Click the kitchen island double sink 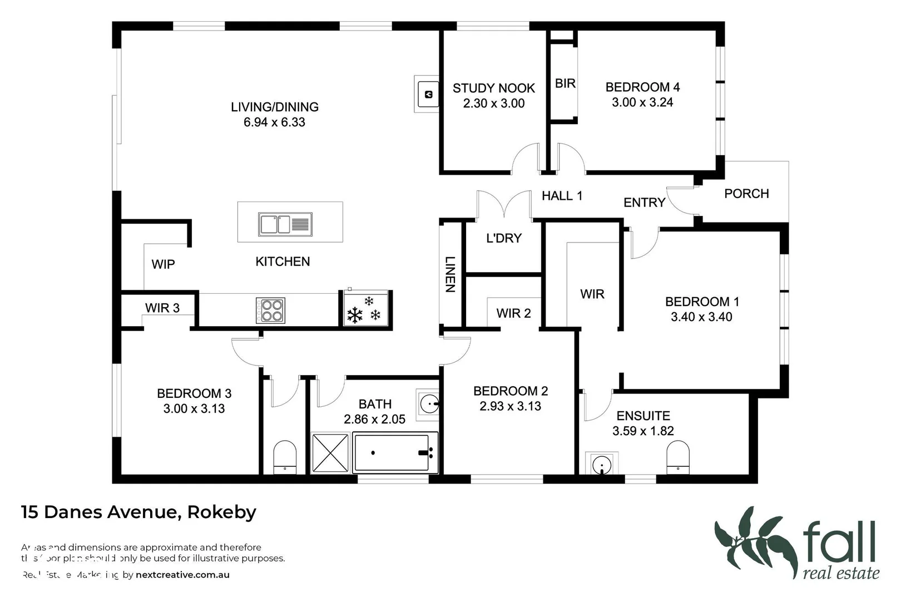[285, 224]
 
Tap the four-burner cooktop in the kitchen [270, 311]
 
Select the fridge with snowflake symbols [364, 309]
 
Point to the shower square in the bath [330, 453]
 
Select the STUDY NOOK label [493, 88]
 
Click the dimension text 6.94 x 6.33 [274, 122]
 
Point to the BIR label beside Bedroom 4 [565, 83]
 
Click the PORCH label [746, 194]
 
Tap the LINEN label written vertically [450, 274]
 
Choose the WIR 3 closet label [162, 308]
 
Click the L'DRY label [504, 238]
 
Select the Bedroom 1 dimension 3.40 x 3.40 [701, 317]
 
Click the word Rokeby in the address [221, 512]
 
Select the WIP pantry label [163, 264]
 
